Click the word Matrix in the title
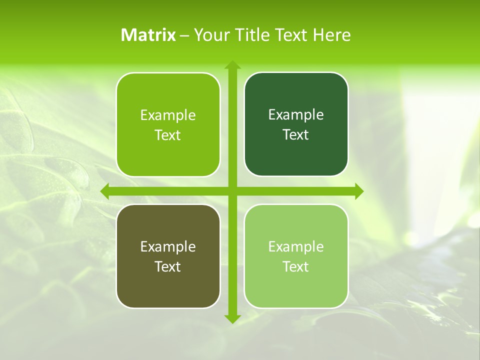pos(148,35)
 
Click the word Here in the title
pos(332,35)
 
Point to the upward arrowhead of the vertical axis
pos(232,64)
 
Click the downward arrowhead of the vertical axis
pos(232,318)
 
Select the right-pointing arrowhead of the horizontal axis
pos(359,191)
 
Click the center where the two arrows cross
pos(232,191)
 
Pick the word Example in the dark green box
pos(296,115)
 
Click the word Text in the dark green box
pos(296,135)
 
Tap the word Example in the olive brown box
pos(168,247)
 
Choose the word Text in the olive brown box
pos(168,267)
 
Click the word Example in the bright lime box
pos(168,115)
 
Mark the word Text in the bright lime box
pos(168,135)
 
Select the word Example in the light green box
pos(296,247)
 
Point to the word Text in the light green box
pos(296,267)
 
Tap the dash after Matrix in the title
pos(184,35)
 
